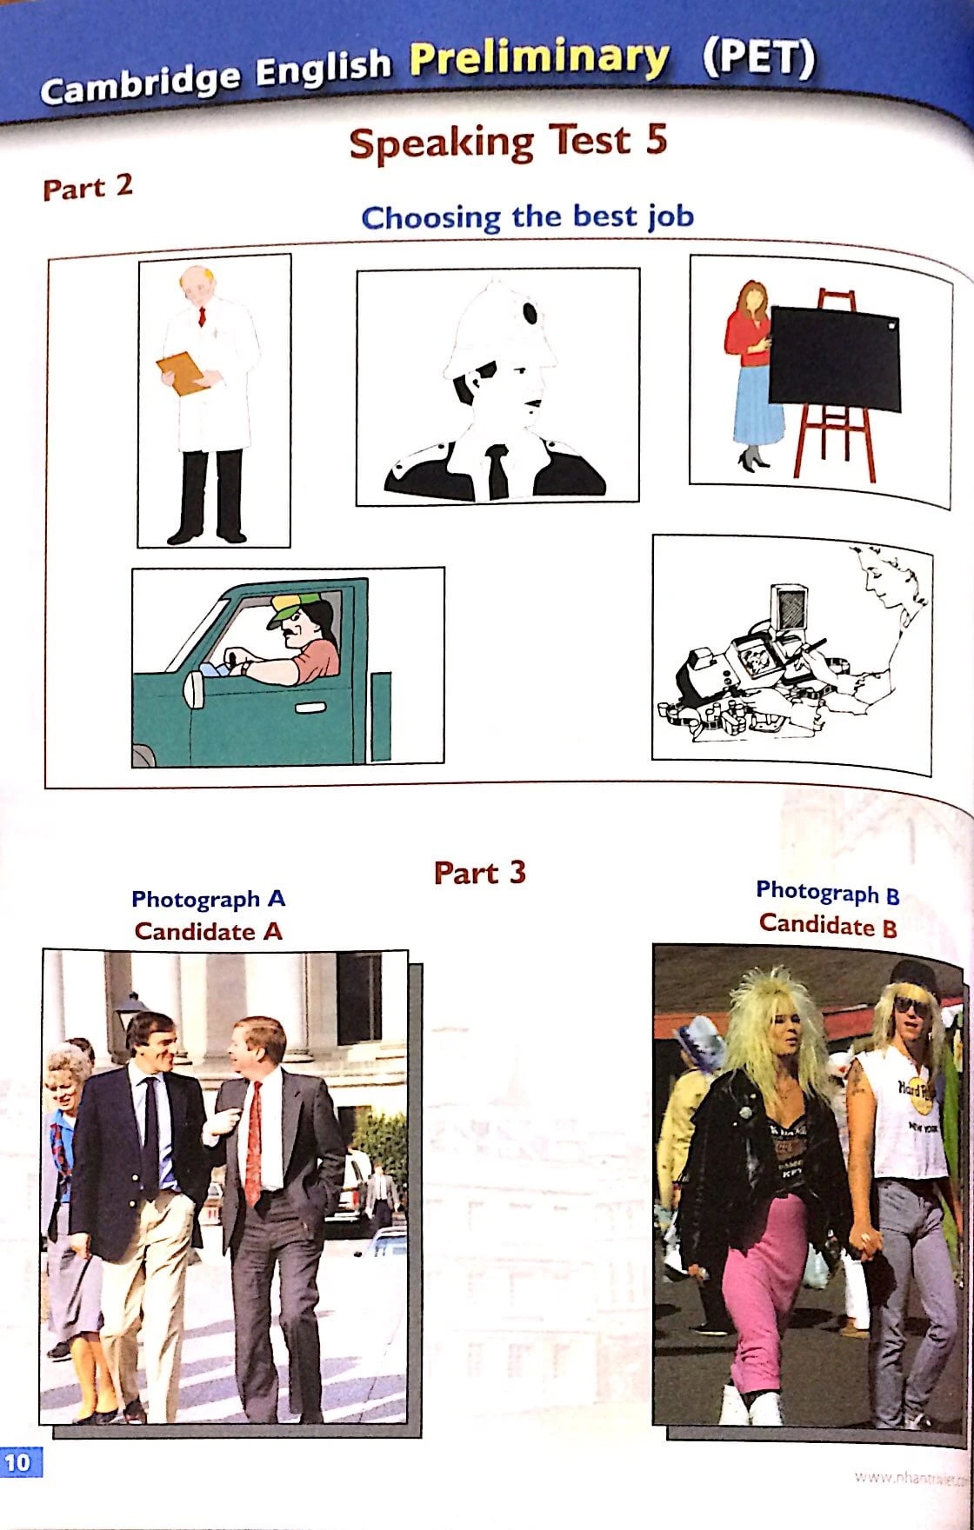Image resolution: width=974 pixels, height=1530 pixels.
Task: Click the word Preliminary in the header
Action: [x=539, y=59]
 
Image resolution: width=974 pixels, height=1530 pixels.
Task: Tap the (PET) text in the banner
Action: [x=758, y=57]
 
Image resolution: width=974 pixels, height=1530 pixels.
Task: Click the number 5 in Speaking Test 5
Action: [x=656, y=141]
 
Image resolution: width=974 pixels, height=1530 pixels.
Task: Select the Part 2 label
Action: [x=88, y=187]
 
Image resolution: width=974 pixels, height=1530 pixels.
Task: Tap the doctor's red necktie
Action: [x=201, y=316]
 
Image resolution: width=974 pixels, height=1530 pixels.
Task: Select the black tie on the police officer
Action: [x=497, y=471]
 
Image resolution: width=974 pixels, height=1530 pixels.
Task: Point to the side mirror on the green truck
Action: [x=194, y=689]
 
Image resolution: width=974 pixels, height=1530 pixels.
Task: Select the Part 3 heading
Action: [x=480, y=873]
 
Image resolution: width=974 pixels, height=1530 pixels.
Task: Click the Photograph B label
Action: [x=827, y=892]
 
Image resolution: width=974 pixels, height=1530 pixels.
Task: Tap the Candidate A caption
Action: [x=208, y=932]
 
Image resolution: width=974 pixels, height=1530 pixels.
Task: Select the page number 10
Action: [x=17, y=1462]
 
